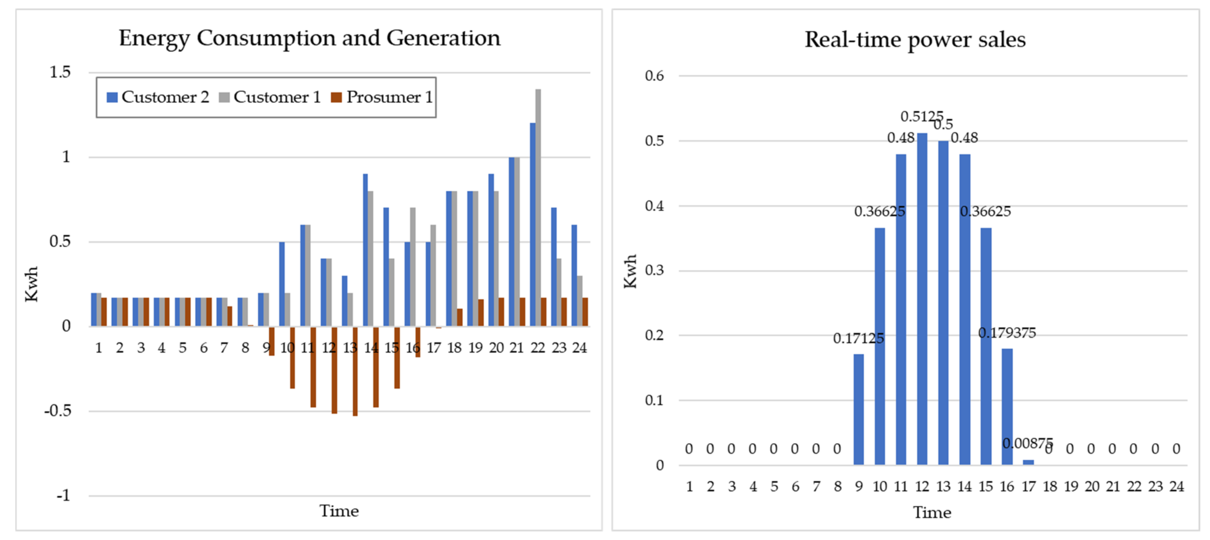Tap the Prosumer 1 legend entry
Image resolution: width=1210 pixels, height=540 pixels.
click(382, 97)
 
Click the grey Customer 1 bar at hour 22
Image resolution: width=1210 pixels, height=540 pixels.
click(538, 207)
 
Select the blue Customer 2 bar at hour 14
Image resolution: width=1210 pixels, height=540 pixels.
click(365, 249)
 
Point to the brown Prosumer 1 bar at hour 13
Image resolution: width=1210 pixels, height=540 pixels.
click(355, 371)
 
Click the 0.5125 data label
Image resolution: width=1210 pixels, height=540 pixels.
click(921, 116)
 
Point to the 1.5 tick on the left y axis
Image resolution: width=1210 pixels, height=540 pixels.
click(60, 72)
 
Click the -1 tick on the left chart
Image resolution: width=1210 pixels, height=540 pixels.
click(64, 495)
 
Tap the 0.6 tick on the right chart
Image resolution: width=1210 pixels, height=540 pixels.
click(654, 76)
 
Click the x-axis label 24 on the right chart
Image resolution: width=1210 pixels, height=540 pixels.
click(1176, 486)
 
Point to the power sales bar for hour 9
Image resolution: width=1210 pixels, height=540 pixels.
click(858, 409)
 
